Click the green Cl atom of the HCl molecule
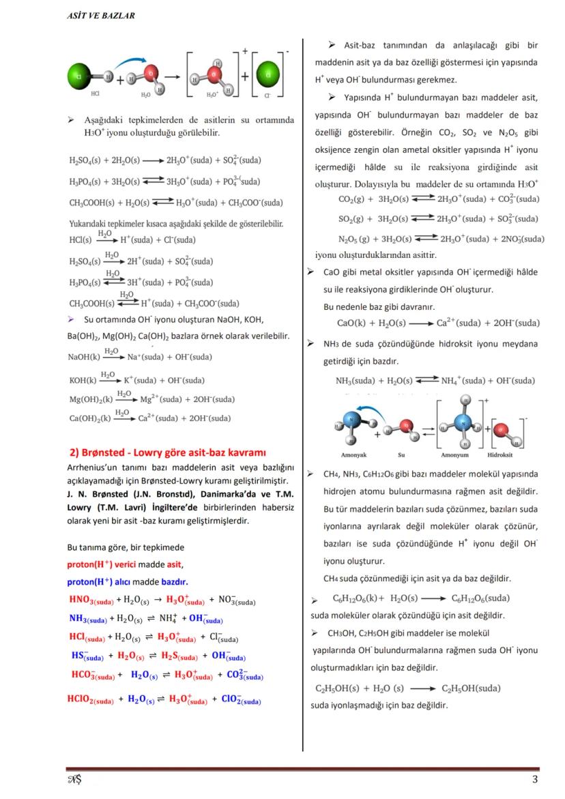pos(81,76)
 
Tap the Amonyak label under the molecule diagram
pos(353,454)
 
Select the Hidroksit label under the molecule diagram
pos(501,454)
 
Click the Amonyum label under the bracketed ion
pos(454,454)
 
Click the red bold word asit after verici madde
pos(175,564)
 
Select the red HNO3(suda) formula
pos(91,600)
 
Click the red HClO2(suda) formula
pos(91,699)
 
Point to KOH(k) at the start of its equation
pos(82,380)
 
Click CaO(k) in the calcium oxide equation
pos(351,323)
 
